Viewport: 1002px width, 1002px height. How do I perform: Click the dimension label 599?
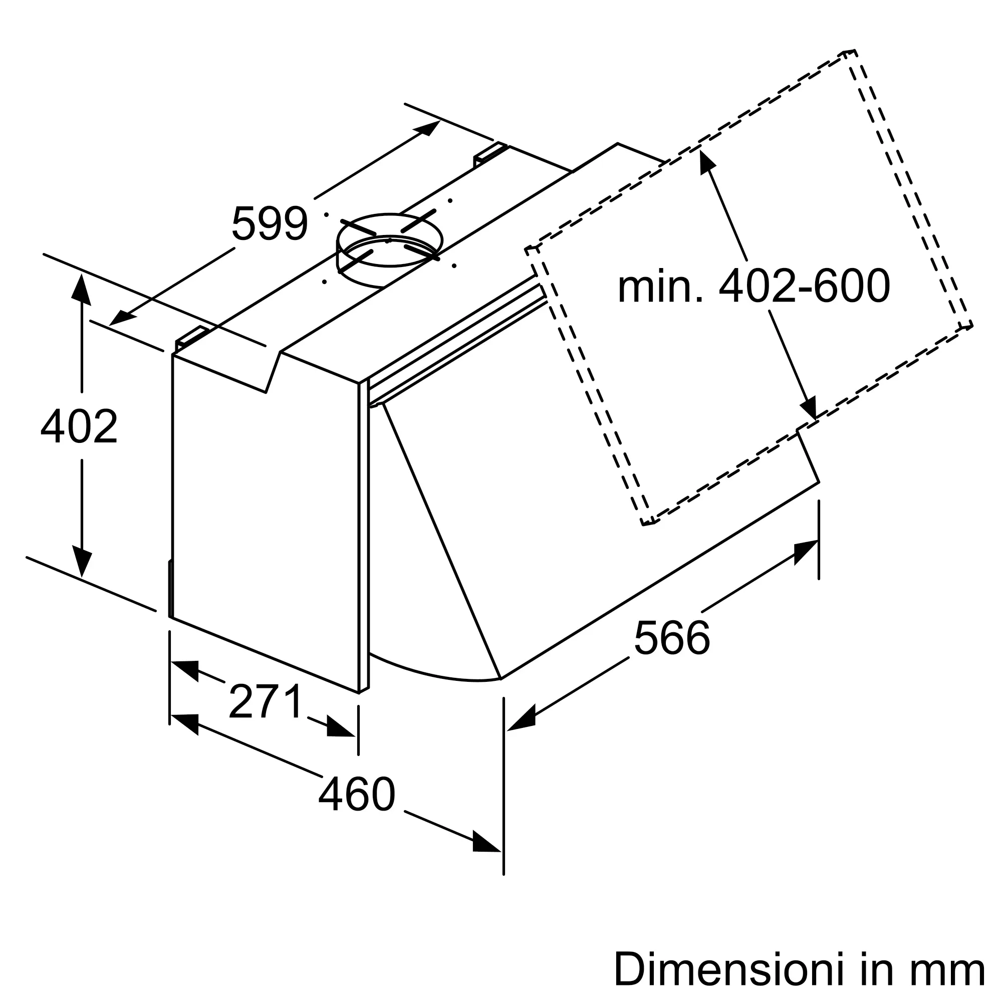(270, 223)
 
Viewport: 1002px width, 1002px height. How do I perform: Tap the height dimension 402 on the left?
(79, 426)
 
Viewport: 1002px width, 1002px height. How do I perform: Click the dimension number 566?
(672, 638)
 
